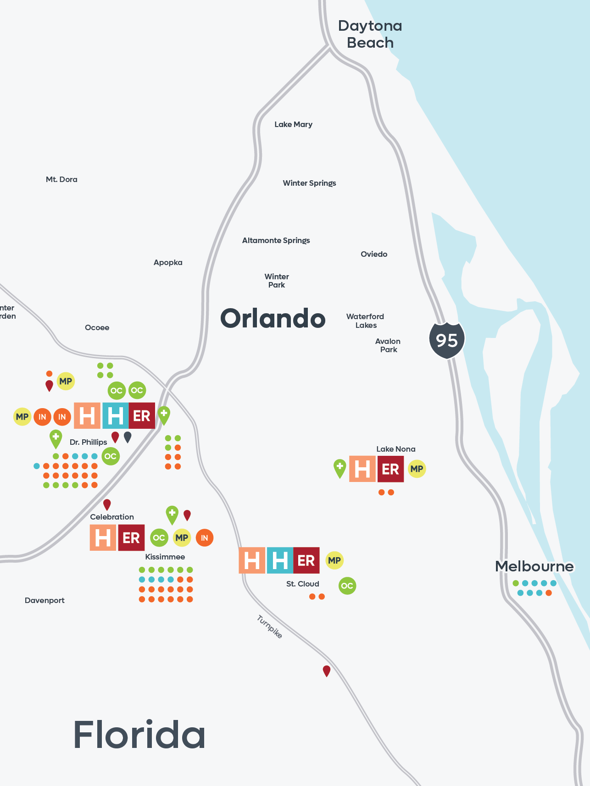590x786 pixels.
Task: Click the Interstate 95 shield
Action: pos(447,340)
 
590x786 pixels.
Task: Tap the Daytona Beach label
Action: pos(370,34)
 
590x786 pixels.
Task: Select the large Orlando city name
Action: pos(273,318)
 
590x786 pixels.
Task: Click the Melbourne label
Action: pos(534,566)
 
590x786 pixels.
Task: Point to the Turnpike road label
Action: pos(269,627)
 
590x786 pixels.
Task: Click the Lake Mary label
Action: pos(293,124)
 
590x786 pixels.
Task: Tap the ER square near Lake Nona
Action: pos(390,469)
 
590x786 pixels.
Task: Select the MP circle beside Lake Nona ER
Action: pos(417,469)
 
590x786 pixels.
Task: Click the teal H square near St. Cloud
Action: pos(279,560)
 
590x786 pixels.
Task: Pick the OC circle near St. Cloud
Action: pos(347,586)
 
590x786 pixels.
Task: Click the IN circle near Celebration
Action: pos(205,538)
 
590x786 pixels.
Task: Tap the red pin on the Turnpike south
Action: pos(327,671)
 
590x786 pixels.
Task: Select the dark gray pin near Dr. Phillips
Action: pos(128,437)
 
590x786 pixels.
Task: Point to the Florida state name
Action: pos(139,735)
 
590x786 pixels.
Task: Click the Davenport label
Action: pos(45,600)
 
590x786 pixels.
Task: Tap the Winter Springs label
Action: pos(309,183)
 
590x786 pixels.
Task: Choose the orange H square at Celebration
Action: pos(103,538)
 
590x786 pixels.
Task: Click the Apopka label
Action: pos(168,262)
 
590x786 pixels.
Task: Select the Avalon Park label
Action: pos(388,345)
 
